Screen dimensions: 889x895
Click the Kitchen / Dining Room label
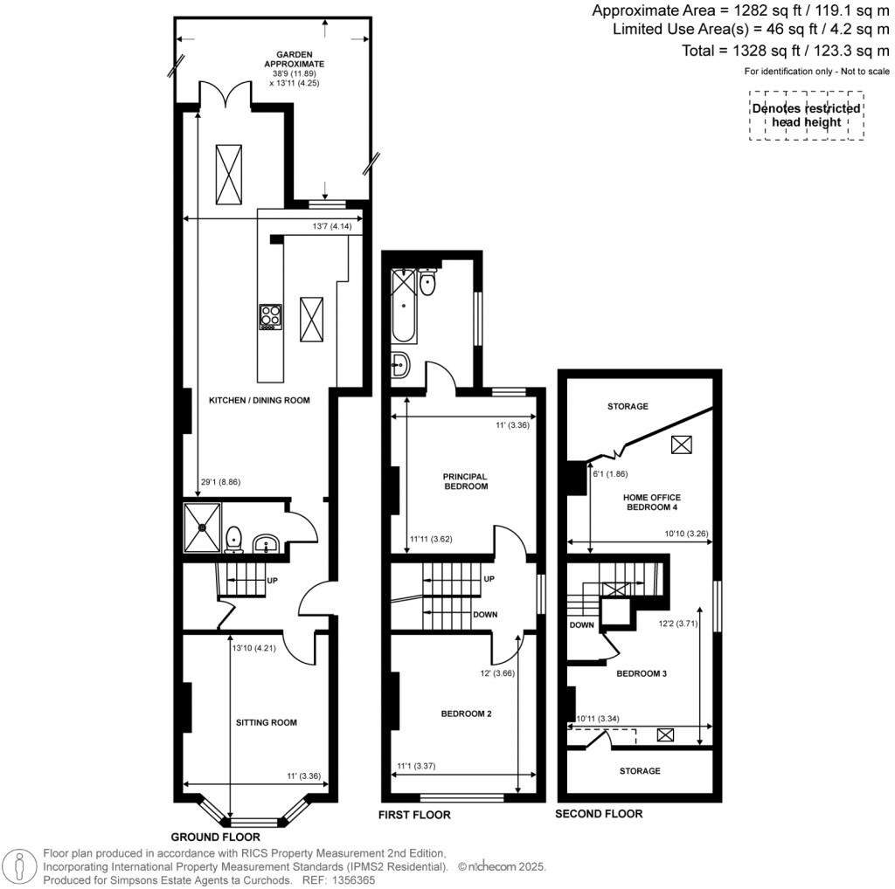coord(260,400)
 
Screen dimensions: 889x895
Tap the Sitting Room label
coord(267,722)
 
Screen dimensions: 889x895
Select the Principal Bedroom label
coord(464,481)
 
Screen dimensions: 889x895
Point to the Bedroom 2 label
coord(466,713)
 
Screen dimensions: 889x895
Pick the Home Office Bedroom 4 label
coord(650,501)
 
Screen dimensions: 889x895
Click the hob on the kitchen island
coord(271,316)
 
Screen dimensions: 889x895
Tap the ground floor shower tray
coord(203,527)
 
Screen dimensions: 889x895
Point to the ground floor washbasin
coord(267,545)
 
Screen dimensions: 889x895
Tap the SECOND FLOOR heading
coord(600,814)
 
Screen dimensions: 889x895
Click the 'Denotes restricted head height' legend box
coord(805,115)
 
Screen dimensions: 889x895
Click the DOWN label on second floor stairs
coord(582,625)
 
